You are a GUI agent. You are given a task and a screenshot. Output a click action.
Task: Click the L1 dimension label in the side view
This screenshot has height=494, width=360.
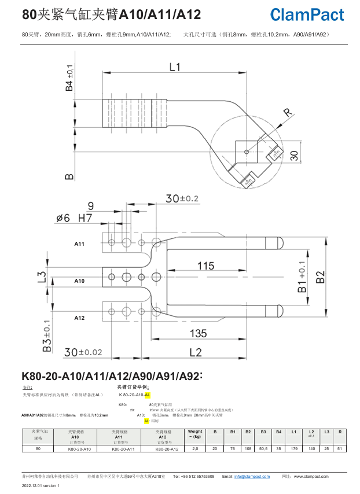(x=175, y=67)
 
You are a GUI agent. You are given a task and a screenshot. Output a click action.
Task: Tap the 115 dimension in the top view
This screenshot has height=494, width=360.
(x=206, y=266)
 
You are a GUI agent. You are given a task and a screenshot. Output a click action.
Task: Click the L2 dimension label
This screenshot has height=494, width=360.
(x=195, y=352)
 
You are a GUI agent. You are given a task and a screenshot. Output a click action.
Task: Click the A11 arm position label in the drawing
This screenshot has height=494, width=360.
(x=79, y=245)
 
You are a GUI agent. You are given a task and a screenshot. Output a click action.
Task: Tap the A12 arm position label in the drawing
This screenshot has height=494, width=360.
(x=79, y=318)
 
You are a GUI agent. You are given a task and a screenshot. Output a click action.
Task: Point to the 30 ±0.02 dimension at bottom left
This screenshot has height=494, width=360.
(x=83, y=352)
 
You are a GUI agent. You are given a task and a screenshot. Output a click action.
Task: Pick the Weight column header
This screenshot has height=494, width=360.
(x=195, y=434)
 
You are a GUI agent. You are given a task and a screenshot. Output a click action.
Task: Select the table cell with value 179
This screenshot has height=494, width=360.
(x=293, y=448)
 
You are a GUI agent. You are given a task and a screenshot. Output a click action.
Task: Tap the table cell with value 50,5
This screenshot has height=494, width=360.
(x=263, y=448)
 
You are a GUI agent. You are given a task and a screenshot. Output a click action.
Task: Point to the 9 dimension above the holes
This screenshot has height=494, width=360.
(x=90, y=206)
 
